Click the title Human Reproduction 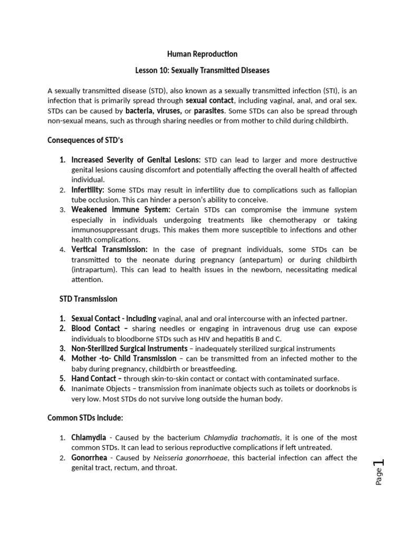point(202,54)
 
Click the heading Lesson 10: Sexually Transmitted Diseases point(202,71)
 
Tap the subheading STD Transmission point(88,298)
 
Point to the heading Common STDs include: point(85,418)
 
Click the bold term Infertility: point(88,189)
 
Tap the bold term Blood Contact point(95,329)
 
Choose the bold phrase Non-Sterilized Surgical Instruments point(129,349)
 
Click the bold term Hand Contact point(94,379)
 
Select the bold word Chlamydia point(89,438)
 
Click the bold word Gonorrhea point(90,458)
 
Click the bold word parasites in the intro point(209,111)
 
